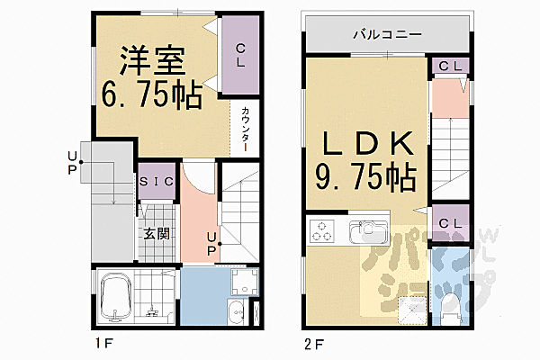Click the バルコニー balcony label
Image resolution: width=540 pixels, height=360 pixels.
[386, 36]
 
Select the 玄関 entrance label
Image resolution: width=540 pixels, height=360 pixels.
[153, 233]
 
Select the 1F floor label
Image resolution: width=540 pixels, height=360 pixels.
[101, 345]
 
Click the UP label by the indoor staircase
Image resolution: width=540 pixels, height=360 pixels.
[211, 243]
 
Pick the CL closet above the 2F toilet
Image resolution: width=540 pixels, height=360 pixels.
[449, 220]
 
